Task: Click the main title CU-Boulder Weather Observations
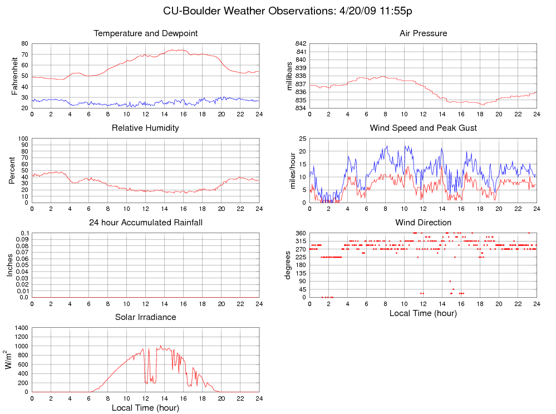coord(288,11)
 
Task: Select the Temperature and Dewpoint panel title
coord(146,33)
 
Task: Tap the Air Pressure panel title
coord(423,33)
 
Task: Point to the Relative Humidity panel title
coord(145,128)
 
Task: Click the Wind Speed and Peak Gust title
coord(423,128)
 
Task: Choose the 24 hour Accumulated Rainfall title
coord(146,223)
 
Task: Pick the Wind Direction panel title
coord(423,223)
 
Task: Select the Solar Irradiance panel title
coord(146,317)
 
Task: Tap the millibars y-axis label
coord(289,76)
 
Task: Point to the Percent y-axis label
coord(12,170)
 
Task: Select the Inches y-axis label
coord(9,265)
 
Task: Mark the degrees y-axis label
coord(288,265)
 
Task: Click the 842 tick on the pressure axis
coord(301,43)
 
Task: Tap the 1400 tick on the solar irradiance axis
coord(21,328)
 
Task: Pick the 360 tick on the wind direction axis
coord(301,233)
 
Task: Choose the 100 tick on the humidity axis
coord(23,139)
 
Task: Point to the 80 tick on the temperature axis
coord(24,43)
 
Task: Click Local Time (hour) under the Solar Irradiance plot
coord(146,408)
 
